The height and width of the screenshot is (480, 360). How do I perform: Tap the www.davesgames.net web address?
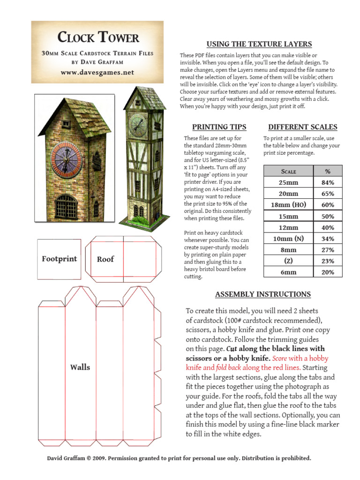(97, 72)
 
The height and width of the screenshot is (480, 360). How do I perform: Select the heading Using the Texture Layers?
(259, 44)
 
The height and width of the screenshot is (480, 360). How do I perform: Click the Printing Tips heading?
(219, 127)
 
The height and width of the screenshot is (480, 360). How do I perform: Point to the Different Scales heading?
(302, 127)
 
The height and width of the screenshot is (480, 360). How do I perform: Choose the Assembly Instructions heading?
(262, 294)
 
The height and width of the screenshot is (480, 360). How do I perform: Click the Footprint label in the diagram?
(60, 259)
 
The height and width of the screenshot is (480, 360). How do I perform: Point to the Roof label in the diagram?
(105, 259)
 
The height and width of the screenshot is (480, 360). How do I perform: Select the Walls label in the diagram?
(80, 367)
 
